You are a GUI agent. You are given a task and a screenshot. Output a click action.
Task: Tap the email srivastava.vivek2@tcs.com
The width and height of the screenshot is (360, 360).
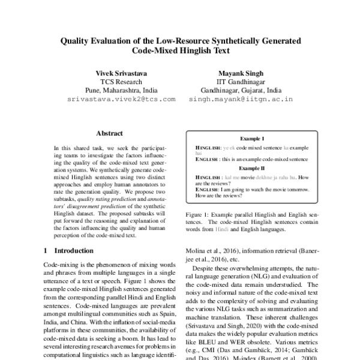(x=121, y=98)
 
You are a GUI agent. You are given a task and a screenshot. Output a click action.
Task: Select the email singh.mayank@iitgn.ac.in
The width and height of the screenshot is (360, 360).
(x=239, y=98)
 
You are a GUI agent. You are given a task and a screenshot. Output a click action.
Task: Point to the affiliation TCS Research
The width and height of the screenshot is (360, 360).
(x=121, y=82)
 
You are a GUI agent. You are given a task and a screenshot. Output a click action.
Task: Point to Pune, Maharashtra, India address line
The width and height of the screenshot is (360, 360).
(x=121, y=90)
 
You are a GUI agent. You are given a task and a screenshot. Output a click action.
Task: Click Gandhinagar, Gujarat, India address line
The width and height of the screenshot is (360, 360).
(x=239, y=90)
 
